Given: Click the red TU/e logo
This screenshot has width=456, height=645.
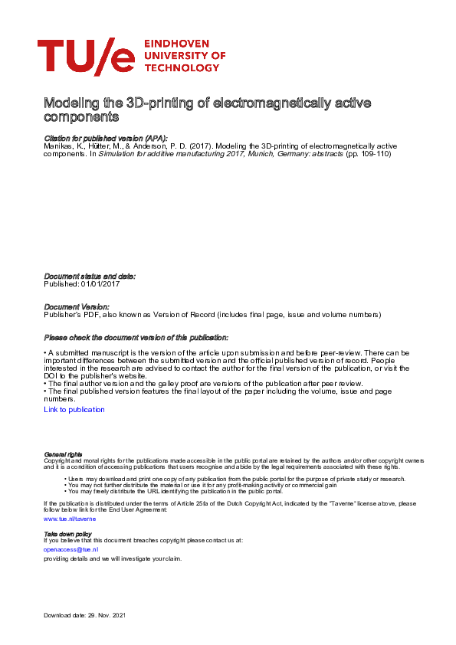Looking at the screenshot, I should coord(86,57).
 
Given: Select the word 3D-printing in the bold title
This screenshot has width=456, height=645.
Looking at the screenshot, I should coord(174,103).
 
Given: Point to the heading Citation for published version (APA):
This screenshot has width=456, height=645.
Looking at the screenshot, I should coord(106,137).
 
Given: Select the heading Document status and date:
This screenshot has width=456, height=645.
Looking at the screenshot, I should coord(90,276).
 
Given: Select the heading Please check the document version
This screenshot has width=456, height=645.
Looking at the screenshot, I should coord(136,337).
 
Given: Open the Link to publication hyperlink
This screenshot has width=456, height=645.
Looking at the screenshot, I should coord(74,410).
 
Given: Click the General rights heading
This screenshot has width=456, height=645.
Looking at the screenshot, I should coord(63,454).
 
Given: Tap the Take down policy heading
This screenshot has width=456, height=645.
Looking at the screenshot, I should coord(67,533).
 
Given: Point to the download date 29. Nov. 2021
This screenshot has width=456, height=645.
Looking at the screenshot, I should coord(107,616).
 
